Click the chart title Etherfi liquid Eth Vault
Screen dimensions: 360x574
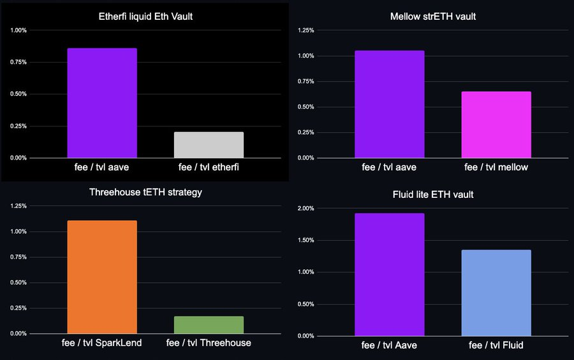(x=146, y=17)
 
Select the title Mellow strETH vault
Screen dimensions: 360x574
(x=432, y=17)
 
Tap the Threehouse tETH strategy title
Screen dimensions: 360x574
(x=145, y=192)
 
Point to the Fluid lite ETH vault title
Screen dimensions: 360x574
(x=432, y=195)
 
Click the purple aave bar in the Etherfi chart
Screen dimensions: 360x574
(x=102, y=103)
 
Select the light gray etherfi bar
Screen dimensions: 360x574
(x=209, y=145)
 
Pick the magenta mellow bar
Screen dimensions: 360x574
(x=496, y=124)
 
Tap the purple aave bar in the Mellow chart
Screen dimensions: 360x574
(x=390, y=104)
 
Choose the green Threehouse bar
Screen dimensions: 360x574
(x=209, y=325)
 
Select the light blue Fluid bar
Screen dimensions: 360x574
(x=496, y=293)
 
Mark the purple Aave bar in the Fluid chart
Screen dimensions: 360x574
(x=390, y=274)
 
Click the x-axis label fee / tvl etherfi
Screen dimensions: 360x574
(x=209, y=167)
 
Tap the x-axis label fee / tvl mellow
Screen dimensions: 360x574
(x=496, y=167)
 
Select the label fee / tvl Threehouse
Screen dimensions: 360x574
(x=209, y=343)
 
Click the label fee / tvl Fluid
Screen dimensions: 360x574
(x=496, y=345)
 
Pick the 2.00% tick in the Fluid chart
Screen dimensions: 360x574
(x=305, y=209)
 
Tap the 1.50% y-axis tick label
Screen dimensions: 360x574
(x=305, y=241)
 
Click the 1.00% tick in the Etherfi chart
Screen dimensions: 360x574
(x=18, y=31)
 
